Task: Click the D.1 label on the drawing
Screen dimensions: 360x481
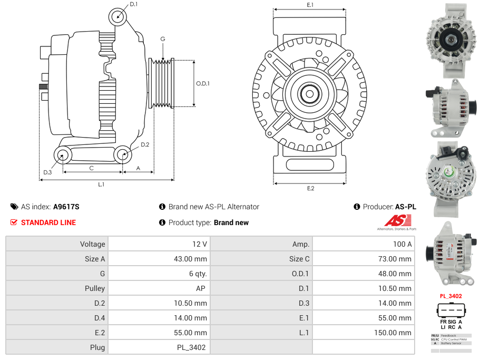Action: [x=133, y=4]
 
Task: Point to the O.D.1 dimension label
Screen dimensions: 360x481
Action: [x=203, y=84]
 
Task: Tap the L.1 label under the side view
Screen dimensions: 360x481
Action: [x=101, y=184]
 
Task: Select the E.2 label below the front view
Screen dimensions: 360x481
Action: [x=310, y=188]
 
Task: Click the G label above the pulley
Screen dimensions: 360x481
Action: [x=163, y=40]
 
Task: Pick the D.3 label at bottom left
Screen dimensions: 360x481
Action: [x=47, y=172]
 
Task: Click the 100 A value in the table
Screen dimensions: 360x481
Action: [x=402, y=244]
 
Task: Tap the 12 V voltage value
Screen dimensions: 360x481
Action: [x=200, y=244]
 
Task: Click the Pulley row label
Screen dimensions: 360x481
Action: [x=95, y=288]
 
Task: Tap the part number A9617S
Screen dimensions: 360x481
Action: [x=66, y=207]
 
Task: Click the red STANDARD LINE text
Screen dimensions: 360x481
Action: [x=48, y=222]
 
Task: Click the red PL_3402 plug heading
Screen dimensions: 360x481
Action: [x=450, y=296]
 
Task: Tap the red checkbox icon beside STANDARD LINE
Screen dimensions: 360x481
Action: [x=14, y=222]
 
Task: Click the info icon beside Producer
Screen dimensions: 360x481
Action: [x=357, y=207]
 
